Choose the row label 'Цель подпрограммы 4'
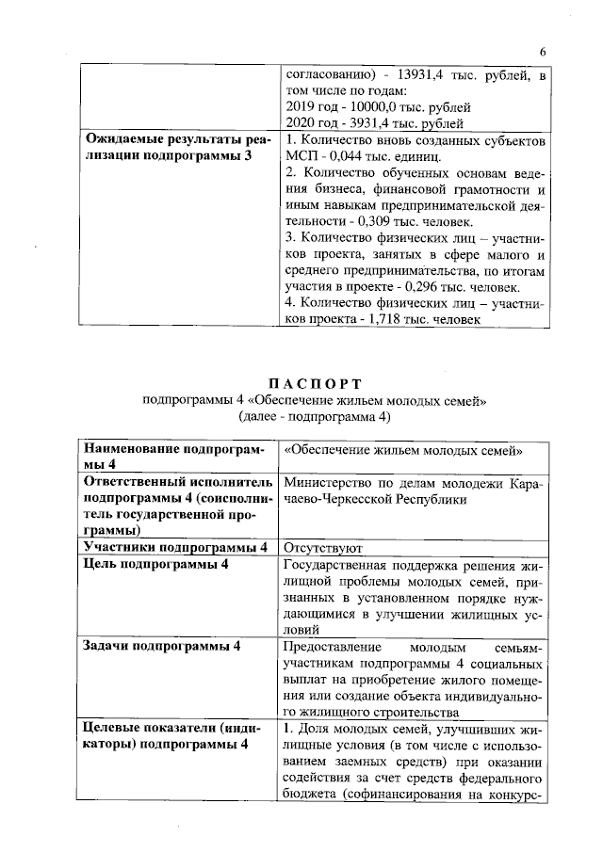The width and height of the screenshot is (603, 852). coord(155,563)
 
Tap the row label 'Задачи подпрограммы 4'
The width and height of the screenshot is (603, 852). coord(161,647)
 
